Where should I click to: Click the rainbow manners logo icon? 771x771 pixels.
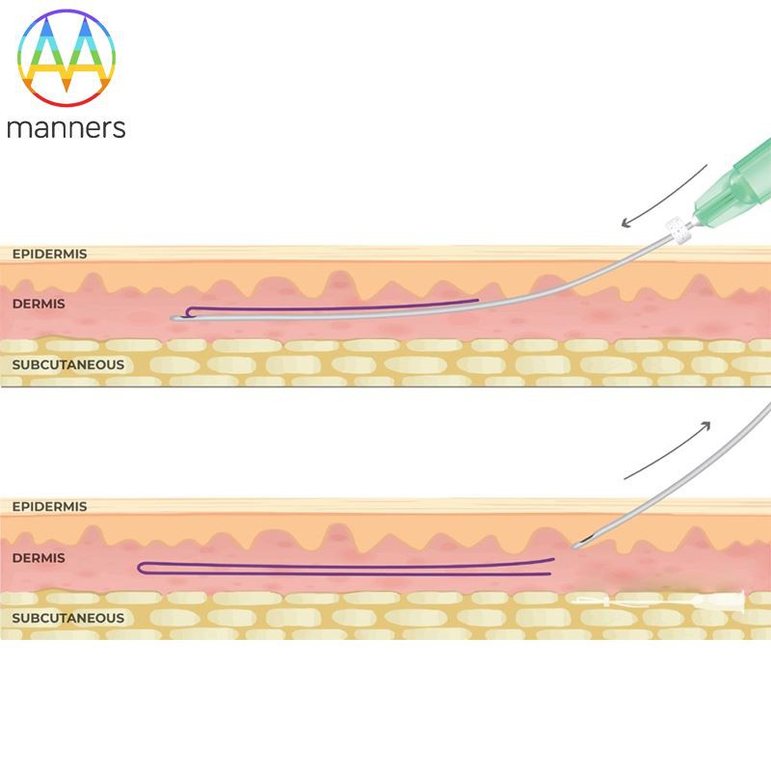[65, 59]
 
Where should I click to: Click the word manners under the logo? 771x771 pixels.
[66, 127]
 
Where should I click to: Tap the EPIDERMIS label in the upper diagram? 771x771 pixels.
[49, 254]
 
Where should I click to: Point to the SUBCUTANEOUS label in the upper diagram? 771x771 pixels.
[67, 364]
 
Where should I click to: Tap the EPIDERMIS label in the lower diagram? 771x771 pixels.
[49, 507]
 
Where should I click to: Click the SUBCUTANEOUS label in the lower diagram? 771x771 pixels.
[67, 618]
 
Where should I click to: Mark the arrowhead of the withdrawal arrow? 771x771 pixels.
[707, 425]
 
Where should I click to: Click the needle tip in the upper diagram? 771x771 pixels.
[173, 317]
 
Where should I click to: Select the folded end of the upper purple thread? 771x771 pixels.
[188, 310]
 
